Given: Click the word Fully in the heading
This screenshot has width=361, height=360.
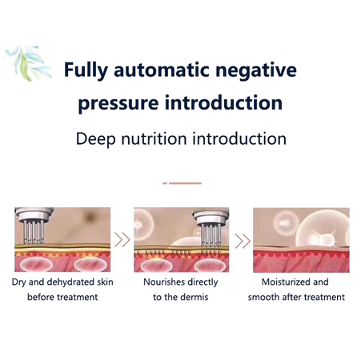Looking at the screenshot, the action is click(86, 70).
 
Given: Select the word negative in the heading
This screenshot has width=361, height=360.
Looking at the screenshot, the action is click(256, 70).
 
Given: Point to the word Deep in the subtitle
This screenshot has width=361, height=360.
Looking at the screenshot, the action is click(96, 139).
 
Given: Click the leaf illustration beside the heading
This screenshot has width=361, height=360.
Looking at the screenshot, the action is click(29, 63).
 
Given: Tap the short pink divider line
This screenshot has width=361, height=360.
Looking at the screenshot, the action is click(182, 183).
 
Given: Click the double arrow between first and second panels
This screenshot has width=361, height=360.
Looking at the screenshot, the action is click(122, 240).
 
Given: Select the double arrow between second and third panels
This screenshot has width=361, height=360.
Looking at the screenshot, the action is click(243, 241).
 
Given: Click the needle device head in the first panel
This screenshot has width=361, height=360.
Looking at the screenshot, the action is click(34, 226).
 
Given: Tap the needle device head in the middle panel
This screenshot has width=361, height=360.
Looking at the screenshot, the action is click(211, 228).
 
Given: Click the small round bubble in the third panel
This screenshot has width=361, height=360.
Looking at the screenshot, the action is click(285, 222).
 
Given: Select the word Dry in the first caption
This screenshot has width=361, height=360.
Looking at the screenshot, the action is click(18, 282).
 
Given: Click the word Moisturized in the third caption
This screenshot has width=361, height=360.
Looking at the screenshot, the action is click(286, 282).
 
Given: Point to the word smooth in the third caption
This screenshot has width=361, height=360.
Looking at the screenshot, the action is click(263, 297).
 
